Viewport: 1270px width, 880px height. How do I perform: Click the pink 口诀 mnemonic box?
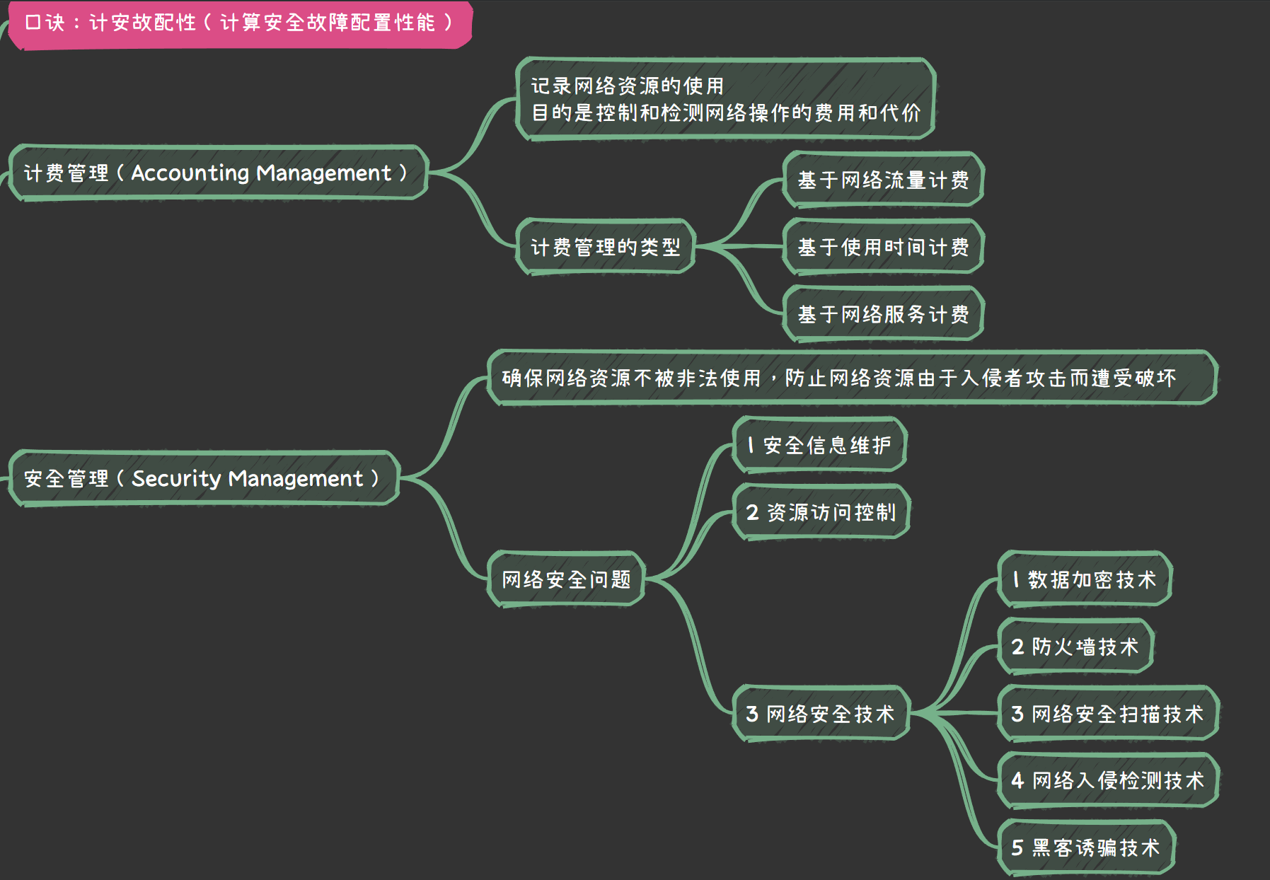pyautogui.click(x=239, y=23)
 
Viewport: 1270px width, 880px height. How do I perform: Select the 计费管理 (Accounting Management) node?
pyautogui.click(x=217, y=173)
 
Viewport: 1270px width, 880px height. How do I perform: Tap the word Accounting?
pyautogui.click(x=190, y=173)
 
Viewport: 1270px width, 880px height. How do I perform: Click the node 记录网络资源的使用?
pyautogui.click(x=725, y=99)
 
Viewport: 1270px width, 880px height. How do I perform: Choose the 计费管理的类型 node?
pyautogui.click(x=605, y=247)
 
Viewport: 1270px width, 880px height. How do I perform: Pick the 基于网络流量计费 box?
pyautogui.click(x=883, y=180)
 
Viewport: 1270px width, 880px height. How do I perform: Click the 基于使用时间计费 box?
pyautogui.click(x=883, y=247)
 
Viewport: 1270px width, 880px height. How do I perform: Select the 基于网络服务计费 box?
pyautogui.click(x=883, y=314)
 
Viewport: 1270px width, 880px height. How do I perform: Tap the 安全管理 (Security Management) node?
pyautogui.click(x=203, y=479)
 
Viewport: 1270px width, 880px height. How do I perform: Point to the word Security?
pyautogui.click(x=176, y=479)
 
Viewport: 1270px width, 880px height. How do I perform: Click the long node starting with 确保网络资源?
pyautogui.click(x=852, y=378)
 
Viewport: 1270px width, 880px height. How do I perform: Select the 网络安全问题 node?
pyautogui.click(x=566, y=580)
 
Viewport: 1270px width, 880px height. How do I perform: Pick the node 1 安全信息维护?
pyautogui.click(x=819, y=445)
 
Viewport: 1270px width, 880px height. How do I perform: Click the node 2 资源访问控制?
pyautogui.click(x=821, y=512)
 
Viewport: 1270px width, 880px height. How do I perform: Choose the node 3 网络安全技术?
pyautogui.click(x=821, y=714)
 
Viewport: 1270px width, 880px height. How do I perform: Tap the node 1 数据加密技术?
pyautogui.click(x=1085, y=580)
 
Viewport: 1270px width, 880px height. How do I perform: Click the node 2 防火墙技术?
pyautogui.click(x=1075, y=647)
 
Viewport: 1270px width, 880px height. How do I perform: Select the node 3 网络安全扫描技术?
pyautogui.click(x=1107, y=714)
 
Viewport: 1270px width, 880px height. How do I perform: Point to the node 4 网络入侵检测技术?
pyautogui.click(x=1107, y=780)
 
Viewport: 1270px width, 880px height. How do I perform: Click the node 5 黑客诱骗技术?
pyautogui.click(x=1086, y=847)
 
